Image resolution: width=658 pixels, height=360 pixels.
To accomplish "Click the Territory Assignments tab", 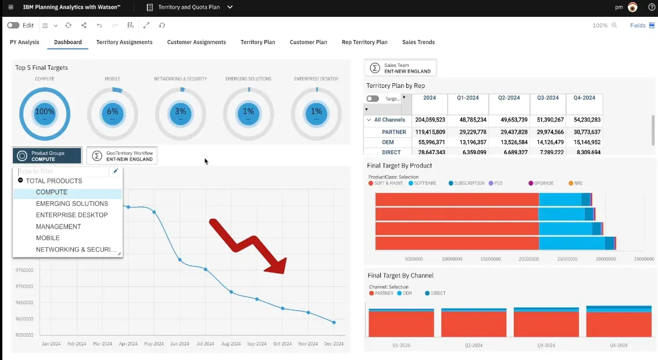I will tap(124, 42).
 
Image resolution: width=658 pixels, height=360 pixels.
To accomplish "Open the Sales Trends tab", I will tap(419, 42).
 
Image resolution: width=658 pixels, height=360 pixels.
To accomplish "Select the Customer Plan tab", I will tap(308, 42).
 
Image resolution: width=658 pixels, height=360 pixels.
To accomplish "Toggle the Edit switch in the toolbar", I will tap(13, 26).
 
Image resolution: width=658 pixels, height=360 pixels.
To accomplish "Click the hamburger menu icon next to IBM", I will tap(10, 7).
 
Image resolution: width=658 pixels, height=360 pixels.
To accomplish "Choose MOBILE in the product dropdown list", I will tap(48, 238).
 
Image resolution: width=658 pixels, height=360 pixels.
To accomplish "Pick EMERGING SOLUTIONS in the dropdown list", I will tap(72, 204).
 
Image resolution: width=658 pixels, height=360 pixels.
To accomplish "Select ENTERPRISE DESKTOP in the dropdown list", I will tap(72, 215).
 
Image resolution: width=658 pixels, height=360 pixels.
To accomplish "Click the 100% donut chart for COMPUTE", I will tap(45, 114).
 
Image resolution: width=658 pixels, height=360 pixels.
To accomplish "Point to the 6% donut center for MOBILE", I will tap(113, 114).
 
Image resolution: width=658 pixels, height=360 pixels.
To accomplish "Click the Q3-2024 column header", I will tap(548, 98).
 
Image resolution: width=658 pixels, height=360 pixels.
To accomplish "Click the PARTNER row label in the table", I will tap(394, 132).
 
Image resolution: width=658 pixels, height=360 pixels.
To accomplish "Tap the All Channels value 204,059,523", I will tap(430, 120).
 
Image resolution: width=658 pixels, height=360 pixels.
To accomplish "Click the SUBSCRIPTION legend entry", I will tap(468, 183).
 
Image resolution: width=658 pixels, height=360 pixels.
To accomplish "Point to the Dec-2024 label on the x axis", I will tap(334, 344).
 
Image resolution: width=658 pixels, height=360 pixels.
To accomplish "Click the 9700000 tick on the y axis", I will tap(24, 286).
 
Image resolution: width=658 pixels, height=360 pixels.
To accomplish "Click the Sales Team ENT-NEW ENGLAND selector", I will tap(400, 68).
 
